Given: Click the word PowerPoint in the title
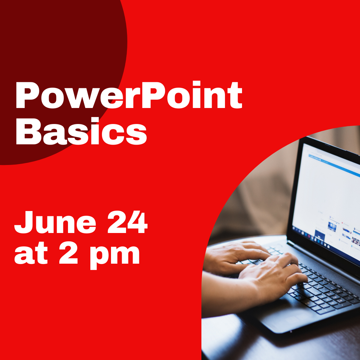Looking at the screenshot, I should (x=128, y=96).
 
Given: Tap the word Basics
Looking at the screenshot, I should (x=81, y=132).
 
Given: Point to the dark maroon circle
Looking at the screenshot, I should (x=50, y=50).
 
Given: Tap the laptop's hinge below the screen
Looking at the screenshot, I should (x=320, y=253).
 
